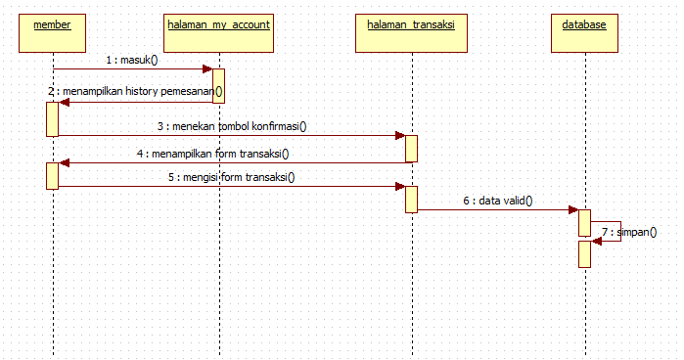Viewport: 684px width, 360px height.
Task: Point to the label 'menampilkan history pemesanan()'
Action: (x=141, y=92)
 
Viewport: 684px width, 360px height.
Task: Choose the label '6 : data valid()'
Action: (x=498, y=201)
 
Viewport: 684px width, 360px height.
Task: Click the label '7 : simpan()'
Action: (x=628, y=232)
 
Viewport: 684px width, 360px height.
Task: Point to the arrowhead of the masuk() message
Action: (x=207, y=69)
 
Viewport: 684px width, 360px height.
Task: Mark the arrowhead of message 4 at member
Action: (x=64, y=163)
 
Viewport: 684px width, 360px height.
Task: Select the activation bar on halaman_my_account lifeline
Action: (x=218, y=85)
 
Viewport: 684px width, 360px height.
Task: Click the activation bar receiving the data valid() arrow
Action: (x=584, y=222)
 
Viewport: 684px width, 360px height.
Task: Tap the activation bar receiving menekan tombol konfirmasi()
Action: (x=412, y=149)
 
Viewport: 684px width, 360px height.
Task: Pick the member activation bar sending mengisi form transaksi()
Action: (x=52, y=176)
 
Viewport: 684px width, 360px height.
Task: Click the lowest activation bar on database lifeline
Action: (x=584, y=253)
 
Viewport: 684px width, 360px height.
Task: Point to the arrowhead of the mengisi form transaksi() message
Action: (x=400, y=186)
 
